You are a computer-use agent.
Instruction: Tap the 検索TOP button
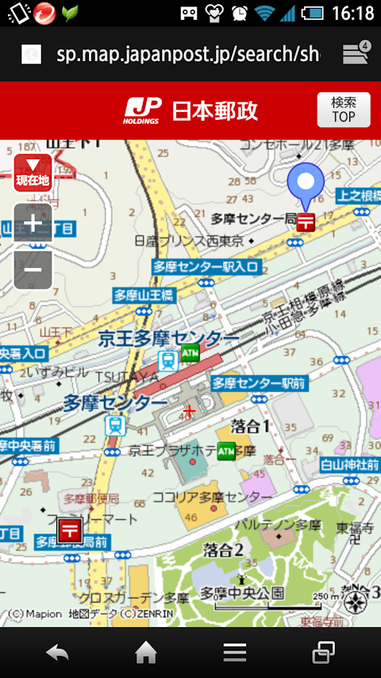(x=343, y=110)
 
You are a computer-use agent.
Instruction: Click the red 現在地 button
(x=33, y=173)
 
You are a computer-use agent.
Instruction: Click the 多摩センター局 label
(x=253, y=218)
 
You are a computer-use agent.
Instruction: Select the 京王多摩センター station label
(x=168, y=339)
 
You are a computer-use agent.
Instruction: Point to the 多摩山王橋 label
(x=143, y=295)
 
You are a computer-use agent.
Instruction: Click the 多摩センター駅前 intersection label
(x=260, y=384)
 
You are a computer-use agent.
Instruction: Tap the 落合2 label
(x=223, y=549)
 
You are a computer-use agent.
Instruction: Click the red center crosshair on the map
(x=189, y=411)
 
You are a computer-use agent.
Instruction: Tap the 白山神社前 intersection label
(x=350, y=464)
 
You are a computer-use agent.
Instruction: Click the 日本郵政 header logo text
(x=214, y=110)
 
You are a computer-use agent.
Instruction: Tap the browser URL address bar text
(x=187, y=53)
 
